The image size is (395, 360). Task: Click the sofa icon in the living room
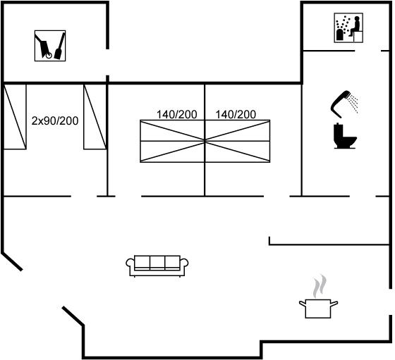point(157,266)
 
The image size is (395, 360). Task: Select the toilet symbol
point(345,136)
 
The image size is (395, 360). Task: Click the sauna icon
point(348,27)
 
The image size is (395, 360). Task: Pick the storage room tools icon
point(50,46)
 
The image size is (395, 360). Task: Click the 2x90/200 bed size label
point(55,120)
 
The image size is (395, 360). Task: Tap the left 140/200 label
point(176,114)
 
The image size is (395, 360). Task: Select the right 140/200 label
point(236,114)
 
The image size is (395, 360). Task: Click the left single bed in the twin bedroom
point(15,117)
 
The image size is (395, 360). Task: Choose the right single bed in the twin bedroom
point(95,117)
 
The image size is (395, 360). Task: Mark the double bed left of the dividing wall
point(172,141)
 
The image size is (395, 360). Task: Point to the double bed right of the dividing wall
point(238,141)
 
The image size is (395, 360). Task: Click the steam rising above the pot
point(320,286)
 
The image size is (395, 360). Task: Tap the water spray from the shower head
point(353,103)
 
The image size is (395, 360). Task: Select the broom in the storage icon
point(59,46)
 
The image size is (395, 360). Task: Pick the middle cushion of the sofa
point(157,263)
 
